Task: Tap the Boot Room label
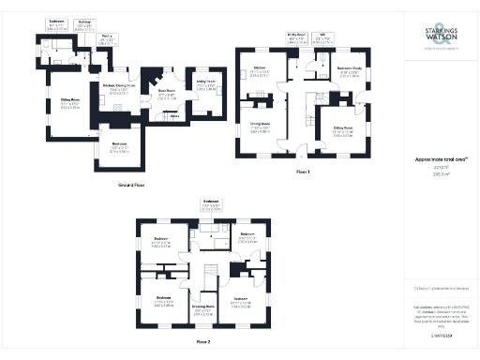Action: [167, 94]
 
